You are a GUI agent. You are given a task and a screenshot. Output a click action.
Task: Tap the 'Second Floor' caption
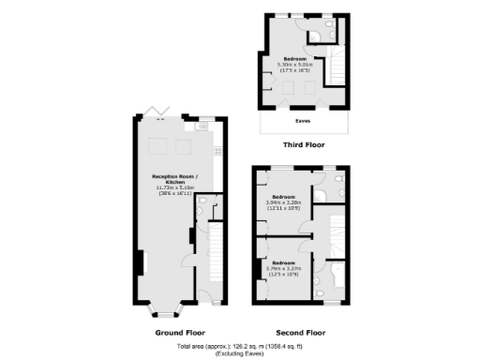pos(301,333)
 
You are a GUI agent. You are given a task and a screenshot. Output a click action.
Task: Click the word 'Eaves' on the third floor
pos(304,121)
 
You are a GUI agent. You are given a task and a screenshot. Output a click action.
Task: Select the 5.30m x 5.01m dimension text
pos(301,63)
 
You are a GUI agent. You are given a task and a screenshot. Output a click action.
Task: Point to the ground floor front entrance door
pos(211,303)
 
